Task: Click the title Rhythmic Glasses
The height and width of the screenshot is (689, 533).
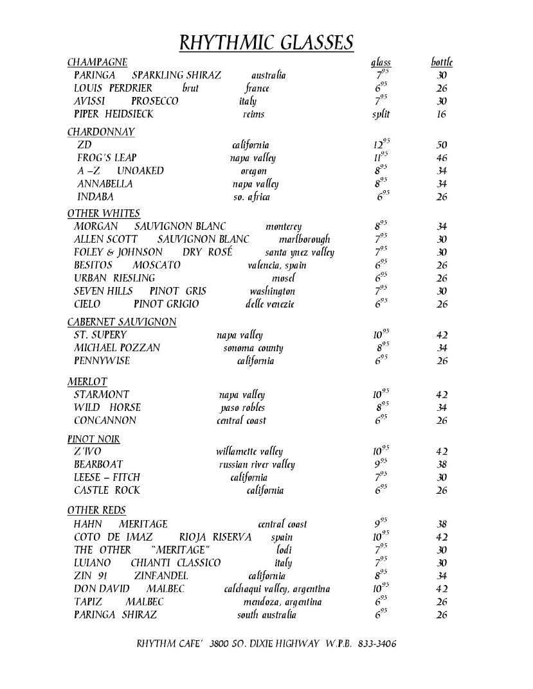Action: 266,42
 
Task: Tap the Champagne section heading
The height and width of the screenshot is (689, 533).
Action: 97,62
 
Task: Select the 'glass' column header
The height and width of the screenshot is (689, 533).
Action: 381,62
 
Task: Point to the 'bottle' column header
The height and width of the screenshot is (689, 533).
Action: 442,62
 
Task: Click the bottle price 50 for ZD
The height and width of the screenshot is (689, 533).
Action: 442,145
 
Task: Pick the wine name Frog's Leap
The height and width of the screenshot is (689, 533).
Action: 107,158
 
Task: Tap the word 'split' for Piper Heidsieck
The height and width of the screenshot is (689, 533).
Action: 381,114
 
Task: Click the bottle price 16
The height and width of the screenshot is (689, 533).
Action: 442,114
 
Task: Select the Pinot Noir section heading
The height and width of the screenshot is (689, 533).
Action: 94,439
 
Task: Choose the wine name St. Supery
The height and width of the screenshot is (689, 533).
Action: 100,335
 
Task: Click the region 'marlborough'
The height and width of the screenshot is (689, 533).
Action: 305,240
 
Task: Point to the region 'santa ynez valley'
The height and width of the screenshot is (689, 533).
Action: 300,252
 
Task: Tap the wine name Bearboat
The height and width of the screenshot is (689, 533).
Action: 98,464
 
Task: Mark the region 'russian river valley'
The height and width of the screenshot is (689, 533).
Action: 257,464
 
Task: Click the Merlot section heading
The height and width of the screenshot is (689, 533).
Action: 87,381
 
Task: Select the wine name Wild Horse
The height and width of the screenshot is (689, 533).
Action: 107,407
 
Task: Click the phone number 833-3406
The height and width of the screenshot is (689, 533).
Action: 376,643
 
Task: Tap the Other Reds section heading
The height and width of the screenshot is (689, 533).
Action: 96,510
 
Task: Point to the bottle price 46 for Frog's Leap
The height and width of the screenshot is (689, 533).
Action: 442,158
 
